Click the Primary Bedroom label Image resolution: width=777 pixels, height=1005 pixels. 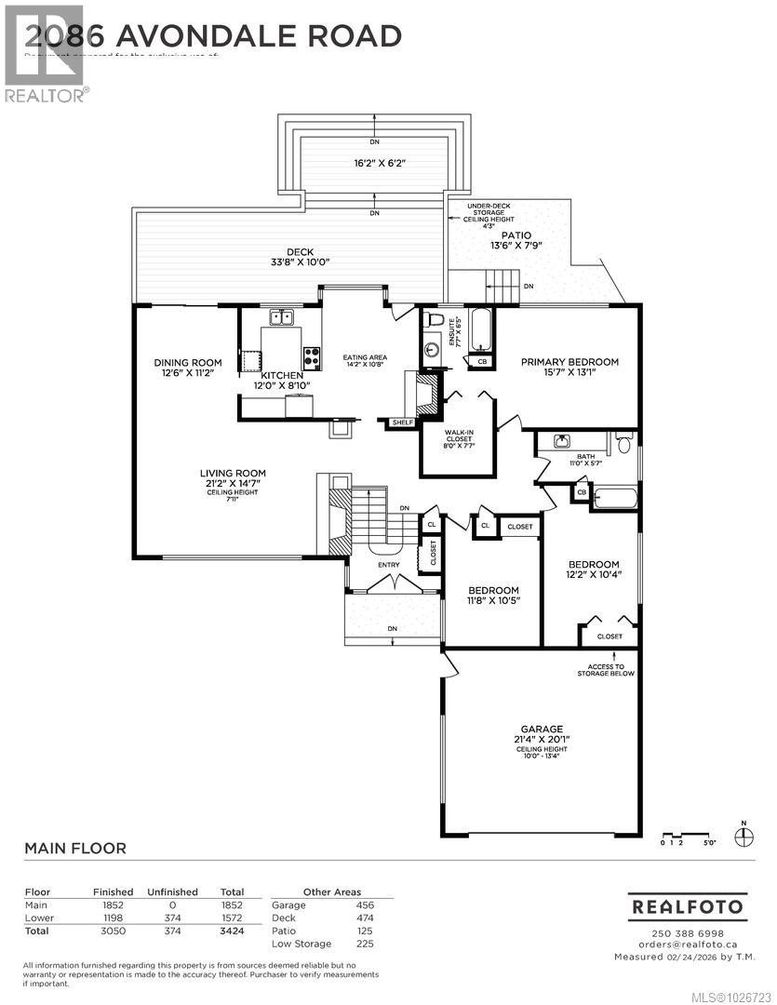(569, 362)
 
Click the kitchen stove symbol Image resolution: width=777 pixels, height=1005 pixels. (311, 355)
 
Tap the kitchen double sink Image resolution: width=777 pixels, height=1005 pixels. (280, 316)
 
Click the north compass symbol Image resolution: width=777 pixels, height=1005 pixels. (743, 837)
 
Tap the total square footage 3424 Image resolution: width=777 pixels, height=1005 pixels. (231, 931)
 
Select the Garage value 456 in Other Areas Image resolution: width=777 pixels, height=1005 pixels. (366, 904)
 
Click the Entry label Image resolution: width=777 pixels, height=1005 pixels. (388, 564)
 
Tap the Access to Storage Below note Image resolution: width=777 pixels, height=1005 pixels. (605, 668)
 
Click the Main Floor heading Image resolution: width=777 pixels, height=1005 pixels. (74, 849)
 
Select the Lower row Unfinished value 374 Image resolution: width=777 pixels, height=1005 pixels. (172, 918)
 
